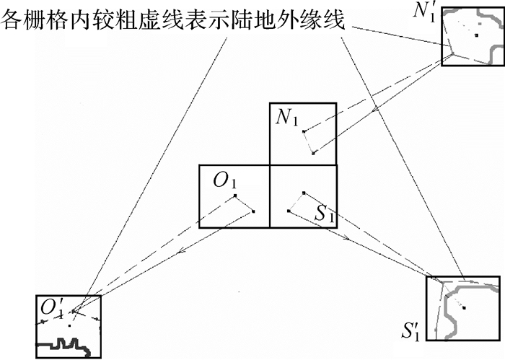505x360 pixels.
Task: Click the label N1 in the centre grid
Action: click(286, 118)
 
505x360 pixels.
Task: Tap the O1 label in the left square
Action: click(224, 180)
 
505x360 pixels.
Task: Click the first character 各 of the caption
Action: click(14, 20)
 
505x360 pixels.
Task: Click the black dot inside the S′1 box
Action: click(464, 308)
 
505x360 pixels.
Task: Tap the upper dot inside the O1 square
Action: click(235, 196)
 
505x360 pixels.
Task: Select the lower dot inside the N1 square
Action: click(312, 153)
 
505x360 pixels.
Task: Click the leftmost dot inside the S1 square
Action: click(289, 211)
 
